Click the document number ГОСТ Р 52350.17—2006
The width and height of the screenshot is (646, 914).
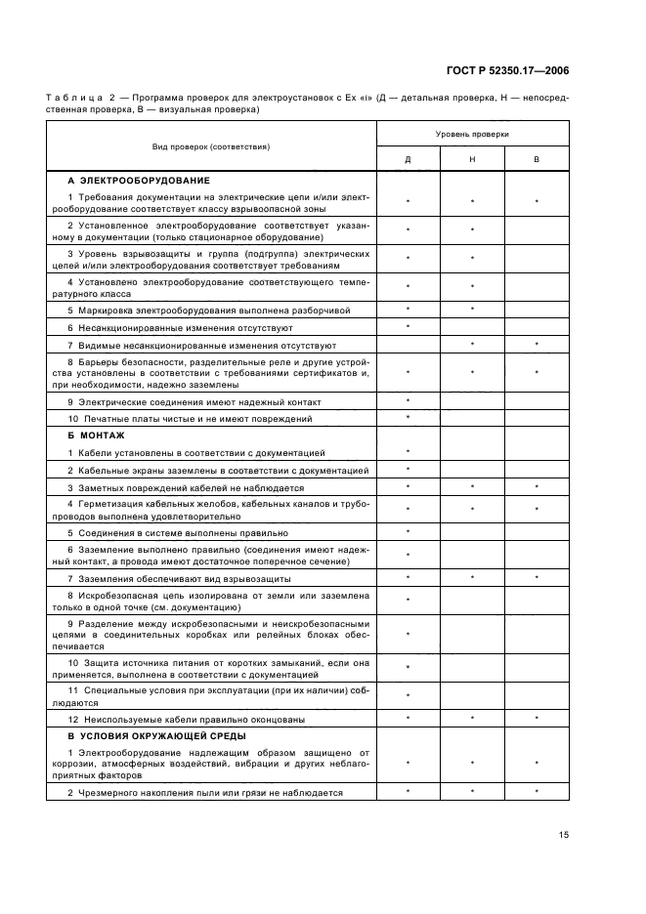[508, 70]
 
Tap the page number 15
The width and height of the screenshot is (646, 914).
[564, 834]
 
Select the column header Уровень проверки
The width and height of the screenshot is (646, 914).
[472, 133]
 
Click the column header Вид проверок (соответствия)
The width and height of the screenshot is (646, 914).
[212, 145]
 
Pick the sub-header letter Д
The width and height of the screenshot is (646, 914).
[408, 159]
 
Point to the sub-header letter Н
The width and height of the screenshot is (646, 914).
[472, 159]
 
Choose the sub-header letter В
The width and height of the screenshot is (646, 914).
[537, 159]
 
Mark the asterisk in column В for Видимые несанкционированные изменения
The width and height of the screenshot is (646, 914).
[537, 345]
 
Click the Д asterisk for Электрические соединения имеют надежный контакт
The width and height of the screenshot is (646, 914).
[408, 400]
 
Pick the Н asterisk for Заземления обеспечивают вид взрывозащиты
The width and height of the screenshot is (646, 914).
[472, 578]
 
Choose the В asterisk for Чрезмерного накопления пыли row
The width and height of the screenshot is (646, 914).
[537, 791]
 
